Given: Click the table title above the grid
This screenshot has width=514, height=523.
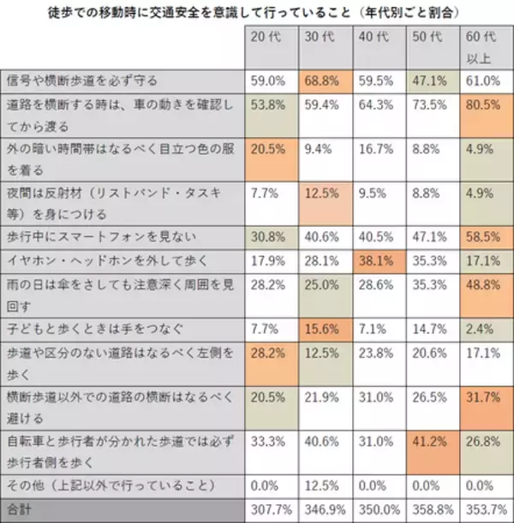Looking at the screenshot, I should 256,12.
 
